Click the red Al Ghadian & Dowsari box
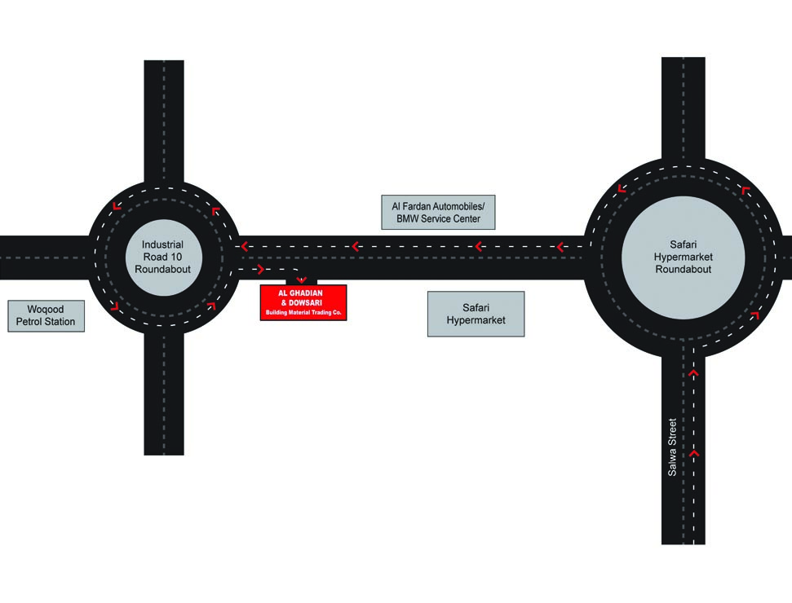(303, 302)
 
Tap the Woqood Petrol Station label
(46, 315)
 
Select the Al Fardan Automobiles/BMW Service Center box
(438, 212)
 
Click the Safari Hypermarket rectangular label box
(476, 314)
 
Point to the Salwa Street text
(672, 447)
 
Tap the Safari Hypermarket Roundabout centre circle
(683, 257)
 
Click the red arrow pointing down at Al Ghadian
(301, 279)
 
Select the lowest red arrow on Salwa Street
(694, 452)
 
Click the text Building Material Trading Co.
(303, 312)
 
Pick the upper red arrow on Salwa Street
(694, 373)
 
